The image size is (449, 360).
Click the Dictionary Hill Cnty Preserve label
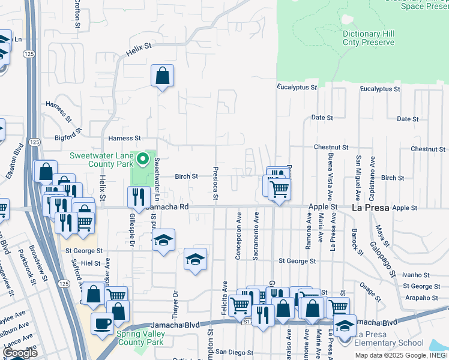[369, 38]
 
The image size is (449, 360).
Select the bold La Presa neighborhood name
[370, 208]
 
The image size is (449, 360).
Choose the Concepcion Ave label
[238, 236]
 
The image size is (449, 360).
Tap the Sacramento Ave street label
[256, 236]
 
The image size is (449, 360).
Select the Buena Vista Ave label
[329, 177]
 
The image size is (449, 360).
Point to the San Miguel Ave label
[358, 178]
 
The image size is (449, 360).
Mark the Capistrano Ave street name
[372, 178]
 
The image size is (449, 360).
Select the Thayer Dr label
[176, 302]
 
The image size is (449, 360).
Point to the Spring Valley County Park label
[140, 338]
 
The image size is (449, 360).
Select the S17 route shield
[247, 322]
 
